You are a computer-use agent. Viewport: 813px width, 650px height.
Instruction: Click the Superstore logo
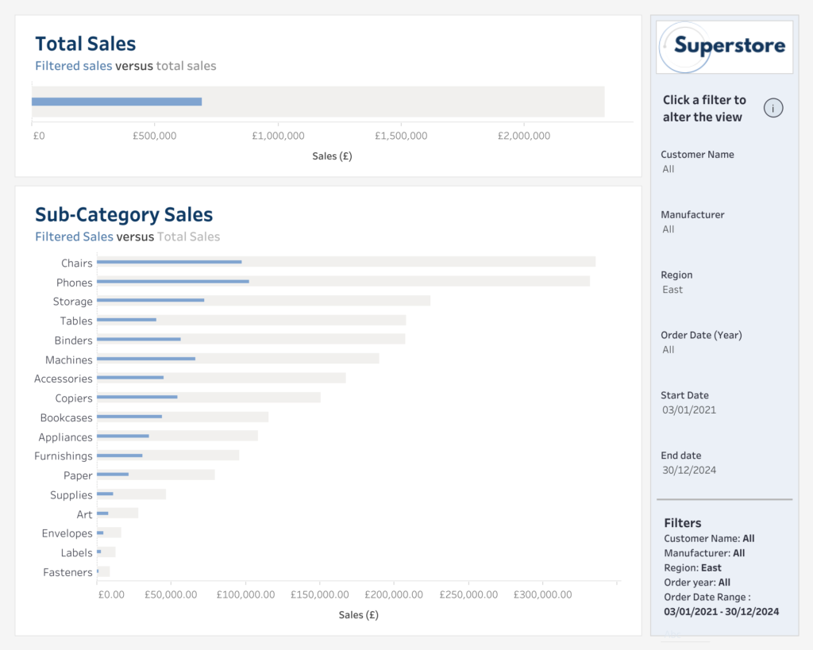click(724, 46)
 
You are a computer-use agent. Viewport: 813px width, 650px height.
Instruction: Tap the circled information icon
click(773, 109)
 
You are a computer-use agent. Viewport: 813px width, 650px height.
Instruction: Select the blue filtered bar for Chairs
click(169, 262)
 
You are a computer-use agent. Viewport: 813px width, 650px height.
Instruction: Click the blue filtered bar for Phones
click(173, 281)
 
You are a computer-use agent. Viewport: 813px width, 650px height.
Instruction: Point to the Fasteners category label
click(68, 572)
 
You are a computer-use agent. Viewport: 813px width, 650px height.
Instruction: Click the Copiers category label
click(74, 398)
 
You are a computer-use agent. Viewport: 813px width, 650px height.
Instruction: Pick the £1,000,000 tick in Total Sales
click(278, 136)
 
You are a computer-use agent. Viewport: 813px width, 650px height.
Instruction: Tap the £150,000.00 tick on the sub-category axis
click(319, 594)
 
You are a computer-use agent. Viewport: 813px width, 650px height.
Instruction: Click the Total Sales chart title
click(86, 44)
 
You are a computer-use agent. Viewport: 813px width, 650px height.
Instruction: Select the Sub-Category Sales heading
click(124, 214)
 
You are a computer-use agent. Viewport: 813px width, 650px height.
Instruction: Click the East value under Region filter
click(672, 290)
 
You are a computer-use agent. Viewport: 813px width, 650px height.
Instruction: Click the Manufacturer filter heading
click(692, 214)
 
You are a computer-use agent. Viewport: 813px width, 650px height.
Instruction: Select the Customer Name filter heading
click(697, 155)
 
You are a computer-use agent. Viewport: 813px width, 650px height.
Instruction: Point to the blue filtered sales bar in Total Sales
click(117, 102)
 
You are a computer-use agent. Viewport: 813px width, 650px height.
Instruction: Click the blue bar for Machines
click(146, 359)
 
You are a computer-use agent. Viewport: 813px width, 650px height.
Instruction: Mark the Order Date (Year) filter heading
click(701, 335)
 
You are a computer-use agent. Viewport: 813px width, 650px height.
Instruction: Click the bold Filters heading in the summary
click(683, 523)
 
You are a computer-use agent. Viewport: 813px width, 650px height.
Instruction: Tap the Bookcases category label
click(67, 417)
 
